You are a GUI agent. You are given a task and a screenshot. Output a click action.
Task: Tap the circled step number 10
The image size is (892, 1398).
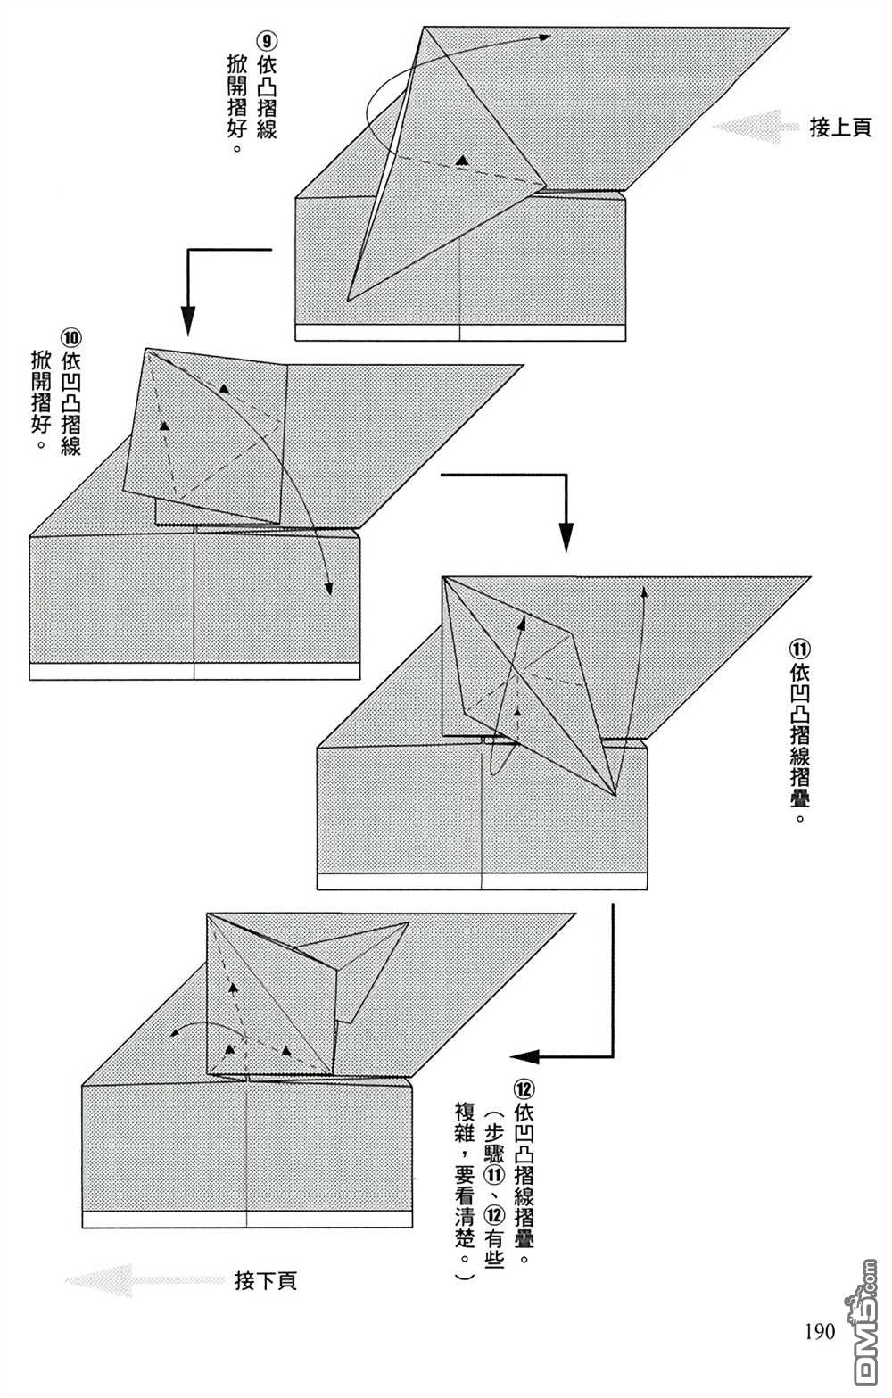[x=70, y=339]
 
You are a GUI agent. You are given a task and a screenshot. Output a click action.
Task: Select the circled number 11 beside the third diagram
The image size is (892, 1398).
[x=799, y=649]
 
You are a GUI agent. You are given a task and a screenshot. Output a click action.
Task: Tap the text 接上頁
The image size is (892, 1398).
[x=840, y=128]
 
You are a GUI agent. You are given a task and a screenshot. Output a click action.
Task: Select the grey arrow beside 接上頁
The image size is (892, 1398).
[x=755, y=127]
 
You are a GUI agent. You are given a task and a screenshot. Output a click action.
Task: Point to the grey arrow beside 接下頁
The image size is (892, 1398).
[x=145, y=1280]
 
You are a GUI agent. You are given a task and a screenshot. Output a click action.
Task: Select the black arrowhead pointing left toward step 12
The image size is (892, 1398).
[x=525, y=1056]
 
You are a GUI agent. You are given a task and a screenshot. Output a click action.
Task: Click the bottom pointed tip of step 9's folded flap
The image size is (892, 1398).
[x=348, y=301]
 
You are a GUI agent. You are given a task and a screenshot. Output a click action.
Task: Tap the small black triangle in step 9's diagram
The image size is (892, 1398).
[x=462, y=161]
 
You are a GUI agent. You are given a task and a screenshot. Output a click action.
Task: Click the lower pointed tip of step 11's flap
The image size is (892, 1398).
[x=615, y=796]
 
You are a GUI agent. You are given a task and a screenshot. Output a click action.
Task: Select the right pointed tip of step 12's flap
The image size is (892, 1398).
[x=409, y=922]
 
